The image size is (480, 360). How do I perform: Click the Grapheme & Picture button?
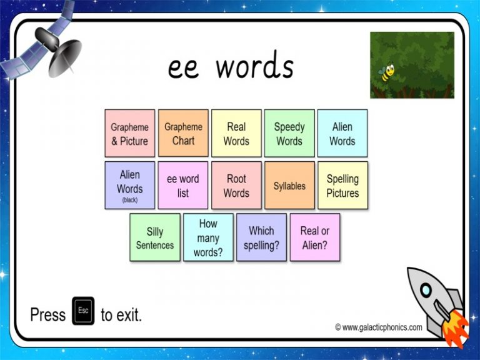129,133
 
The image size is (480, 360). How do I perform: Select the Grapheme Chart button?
183,133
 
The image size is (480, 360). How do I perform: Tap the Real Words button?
236,133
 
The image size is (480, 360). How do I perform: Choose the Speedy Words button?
289,133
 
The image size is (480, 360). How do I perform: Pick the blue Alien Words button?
342,133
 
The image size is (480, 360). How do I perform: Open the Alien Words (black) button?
129,185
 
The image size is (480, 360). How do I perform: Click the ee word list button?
183,185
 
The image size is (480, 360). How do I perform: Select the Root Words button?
236,185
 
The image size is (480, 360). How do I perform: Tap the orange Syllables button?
289,185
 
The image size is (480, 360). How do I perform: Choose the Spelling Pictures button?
342,185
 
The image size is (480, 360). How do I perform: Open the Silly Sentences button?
155,237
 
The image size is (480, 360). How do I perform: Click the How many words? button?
208,237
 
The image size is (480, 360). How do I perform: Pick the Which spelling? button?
261,237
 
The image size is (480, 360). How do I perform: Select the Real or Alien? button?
315,237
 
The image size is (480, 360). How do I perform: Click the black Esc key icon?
83,311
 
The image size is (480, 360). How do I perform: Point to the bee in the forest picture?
387,74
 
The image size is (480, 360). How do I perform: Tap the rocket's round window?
425,289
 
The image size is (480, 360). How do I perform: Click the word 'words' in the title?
254,67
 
